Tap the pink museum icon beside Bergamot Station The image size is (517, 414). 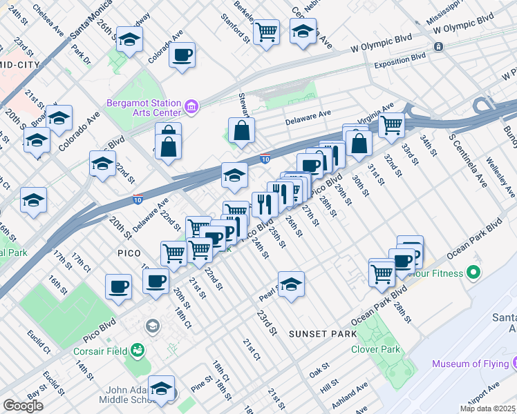tap(192, 108)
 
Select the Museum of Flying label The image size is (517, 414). tap(473, 364)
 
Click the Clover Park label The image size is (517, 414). tap(379, 349)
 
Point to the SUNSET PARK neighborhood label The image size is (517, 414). tap(323, 334)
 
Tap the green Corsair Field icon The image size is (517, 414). tap(137, 351)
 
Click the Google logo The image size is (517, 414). tap(23, 405)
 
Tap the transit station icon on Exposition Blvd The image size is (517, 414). tap(438, 47)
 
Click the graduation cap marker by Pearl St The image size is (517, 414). tap(291, 284)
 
